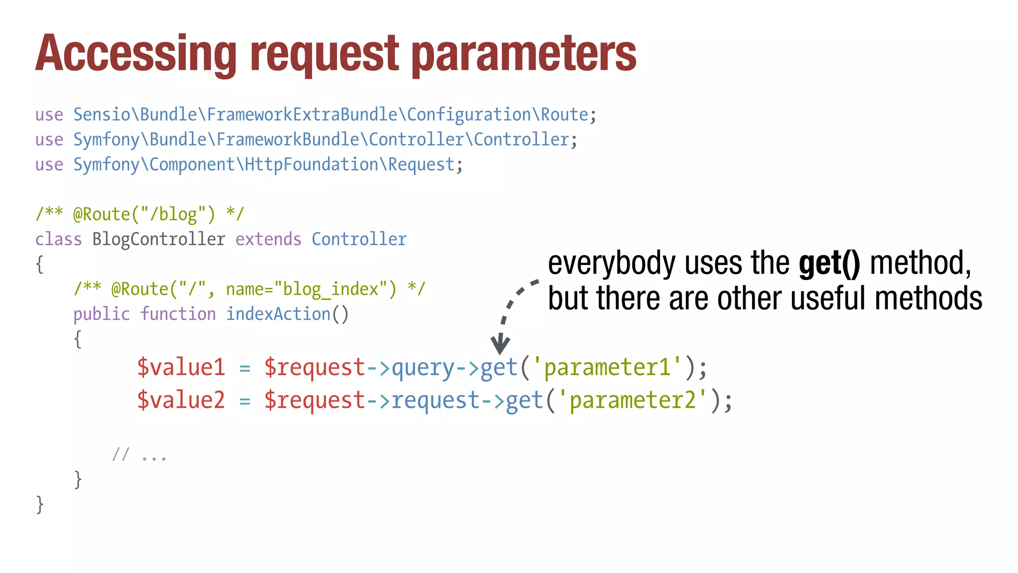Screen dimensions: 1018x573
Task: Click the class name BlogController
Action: coord(159,239)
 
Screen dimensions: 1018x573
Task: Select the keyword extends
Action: coord(268,239)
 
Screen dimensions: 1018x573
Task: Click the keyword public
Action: coord(101,314)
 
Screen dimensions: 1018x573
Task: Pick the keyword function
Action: coord(177,314)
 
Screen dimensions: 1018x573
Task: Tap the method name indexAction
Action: coord(278,314)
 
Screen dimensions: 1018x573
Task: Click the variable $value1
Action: coord(181,367)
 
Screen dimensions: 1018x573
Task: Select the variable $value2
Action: coord(181,400)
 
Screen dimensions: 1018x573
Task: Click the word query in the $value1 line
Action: coord(423,368)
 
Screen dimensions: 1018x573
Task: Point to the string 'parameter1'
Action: coord(607,367)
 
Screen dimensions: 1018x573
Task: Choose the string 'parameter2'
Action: coord(632,400)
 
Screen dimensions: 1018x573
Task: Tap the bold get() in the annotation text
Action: coord(829,263)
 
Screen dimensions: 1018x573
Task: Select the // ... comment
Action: coord(139,455)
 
